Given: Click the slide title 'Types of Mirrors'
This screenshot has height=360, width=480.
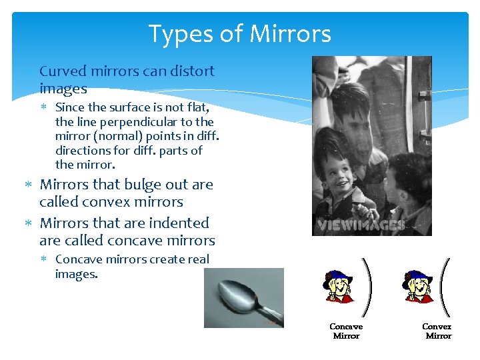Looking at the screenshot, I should coord(239,33).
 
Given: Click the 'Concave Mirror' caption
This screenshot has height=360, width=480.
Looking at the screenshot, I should coord(346,331).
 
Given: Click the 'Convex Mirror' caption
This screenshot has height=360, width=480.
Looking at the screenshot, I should coord(437,331).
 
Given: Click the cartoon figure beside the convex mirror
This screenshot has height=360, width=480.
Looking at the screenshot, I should coord(417,287).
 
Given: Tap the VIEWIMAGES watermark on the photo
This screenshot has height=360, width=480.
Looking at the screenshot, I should coord(360,225).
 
